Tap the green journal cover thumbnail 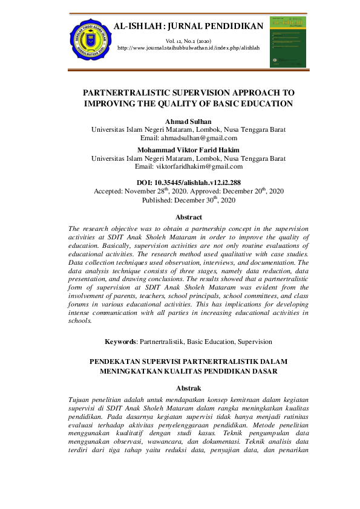point(287,42)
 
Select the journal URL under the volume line point(188,47)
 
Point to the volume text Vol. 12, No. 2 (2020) point(188,40)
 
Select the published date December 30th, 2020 point(208,199)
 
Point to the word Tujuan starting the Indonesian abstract point(82,401)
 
